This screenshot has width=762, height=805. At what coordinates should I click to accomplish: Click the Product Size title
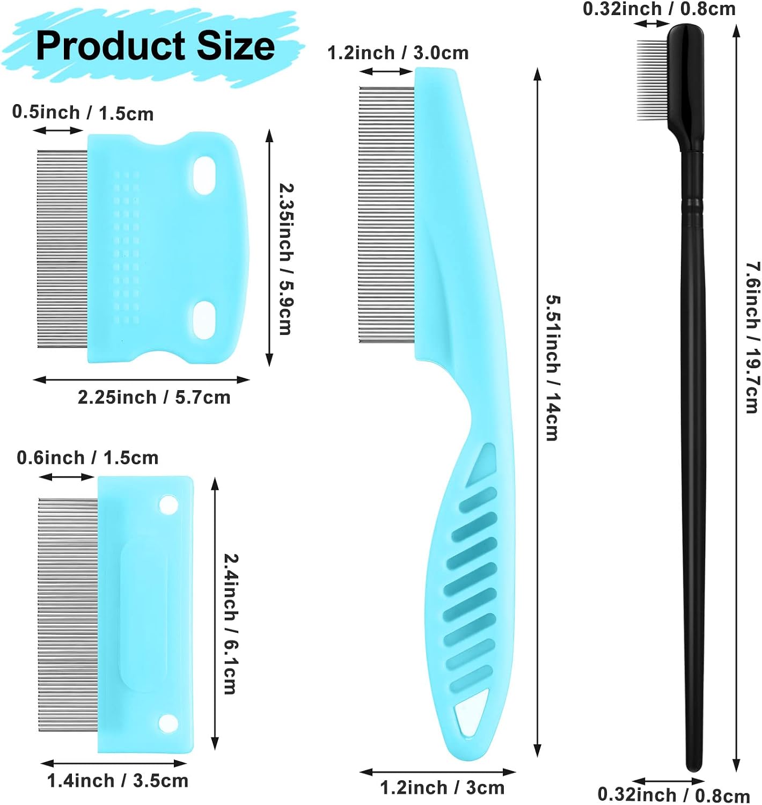pos(155,46)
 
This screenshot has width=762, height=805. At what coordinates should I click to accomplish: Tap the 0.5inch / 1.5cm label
pos(83,113)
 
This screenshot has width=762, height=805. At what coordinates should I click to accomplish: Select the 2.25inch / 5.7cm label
pos(154,397)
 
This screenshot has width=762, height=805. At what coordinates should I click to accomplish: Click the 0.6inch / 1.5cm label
pos(87,457)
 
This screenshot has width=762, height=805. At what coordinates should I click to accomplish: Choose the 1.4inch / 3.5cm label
pos(118,780)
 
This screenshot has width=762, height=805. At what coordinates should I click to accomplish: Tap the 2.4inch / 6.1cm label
pos(231,625)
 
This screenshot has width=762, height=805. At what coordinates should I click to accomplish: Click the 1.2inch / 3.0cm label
pos(398,53)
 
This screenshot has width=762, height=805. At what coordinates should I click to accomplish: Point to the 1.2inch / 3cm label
pos(442,787)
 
